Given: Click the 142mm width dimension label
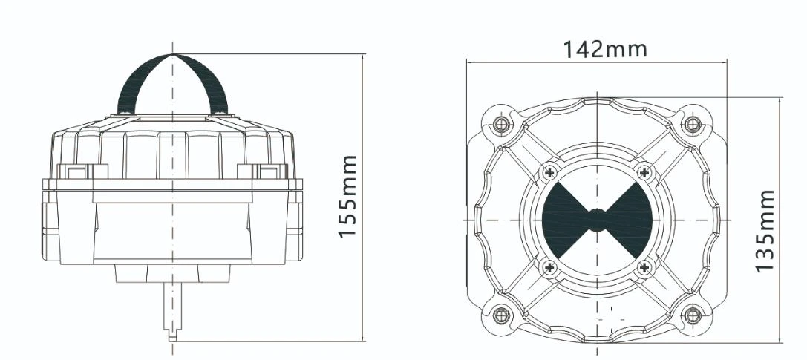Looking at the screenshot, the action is click(605, 50).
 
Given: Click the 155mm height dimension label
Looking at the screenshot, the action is click(348, 197).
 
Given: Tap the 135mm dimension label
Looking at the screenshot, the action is click(765, 231).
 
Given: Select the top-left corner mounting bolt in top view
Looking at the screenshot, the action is click(501, 124).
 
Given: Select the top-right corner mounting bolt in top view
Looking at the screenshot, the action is click(693, 124).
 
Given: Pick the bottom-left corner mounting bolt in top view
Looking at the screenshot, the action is click(501, 315).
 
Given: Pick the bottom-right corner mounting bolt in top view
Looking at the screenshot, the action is click(693, 315).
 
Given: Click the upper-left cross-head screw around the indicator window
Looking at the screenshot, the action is click(549, 172).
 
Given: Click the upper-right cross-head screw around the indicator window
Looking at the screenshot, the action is click(644, 172).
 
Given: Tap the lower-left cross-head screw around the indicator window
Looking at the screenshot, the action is click(549, 267).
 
